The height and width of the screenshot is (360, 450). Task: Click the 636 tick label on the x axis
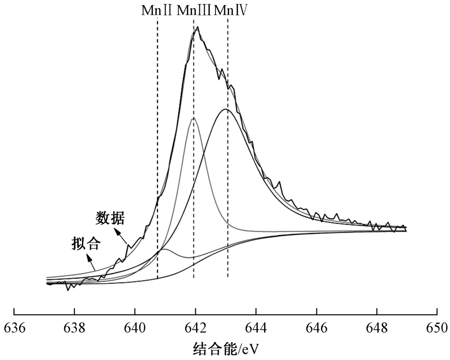[x=14, y=327]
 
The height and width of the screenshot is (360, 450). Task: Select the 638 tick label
[x=74, y=327]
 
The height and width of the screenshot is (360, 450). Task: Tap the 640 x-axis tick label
[x=135, y=327]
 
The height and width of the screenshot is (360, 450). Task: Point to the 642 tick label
[x=195, y=327]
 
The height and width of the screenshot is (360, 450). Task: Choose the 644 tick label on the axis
[x=256, y=327]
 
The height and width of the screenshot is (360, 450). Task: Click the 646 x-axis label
[x=317, y=327]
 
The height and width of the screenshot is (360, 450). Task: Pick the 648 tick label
[x=377, y=327]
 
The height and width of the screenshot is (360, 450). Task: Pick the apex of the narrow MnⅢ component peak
[x=193, y=118]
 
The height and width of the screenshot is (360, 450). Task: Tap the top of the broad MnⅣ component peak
[x=225, y=109]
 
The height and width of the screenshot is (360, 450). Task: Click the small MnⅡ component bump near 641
[x=164, y=249]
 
